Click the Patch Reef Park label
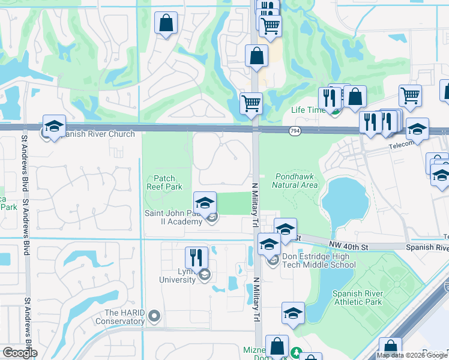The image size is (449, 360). coord(164,182)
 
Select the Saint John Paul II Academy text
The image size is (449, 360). coord(173,217)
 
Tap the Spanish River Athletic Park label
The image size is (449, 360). coord(357,298)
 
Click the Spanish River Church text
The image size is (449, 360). coord(99,134)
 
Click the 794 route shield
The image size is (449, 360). coord(295,131)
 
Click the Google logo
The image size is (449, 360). coord(20,353)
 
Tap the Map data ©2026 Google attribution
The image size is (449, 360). coord(412,355)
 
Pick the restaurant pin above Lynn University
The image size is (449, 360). coord(196,259)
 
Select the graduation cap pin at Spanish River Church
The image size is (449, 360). coord(54,127)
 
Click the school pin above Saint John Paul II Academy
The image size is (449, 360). coord(205,203)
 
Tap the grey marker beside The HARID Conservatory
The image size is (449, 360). coord(155,315)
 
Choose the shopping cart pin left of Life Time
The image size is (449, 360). coord(251,103)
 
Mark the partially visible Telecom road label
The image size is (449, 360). coord(401,145)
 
